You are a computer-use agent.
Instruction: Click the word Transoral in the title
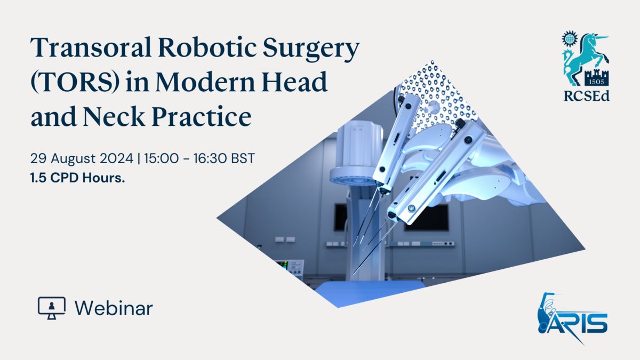click(91, 47)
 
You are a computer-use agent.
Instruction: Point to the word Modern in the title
click(205, 82)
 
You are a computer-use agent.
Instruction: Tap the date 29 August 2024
click(82, 158)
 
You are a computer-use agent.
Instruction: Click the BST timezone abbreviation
click(243, 158)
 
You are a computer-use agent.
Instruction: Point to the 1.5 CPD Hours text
click(78, 178)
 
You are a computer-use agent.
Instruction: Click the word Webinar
click(114, 309)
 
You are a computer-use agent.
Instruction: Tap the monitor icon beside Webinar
click(52, 308)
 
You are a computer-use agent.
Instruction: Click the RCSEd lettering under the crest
click(587, 96)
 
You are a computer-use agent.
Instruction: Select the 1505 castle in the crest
click(597, 77)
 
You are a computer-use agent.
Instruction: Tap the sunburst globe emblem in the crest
click(570, 38)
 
